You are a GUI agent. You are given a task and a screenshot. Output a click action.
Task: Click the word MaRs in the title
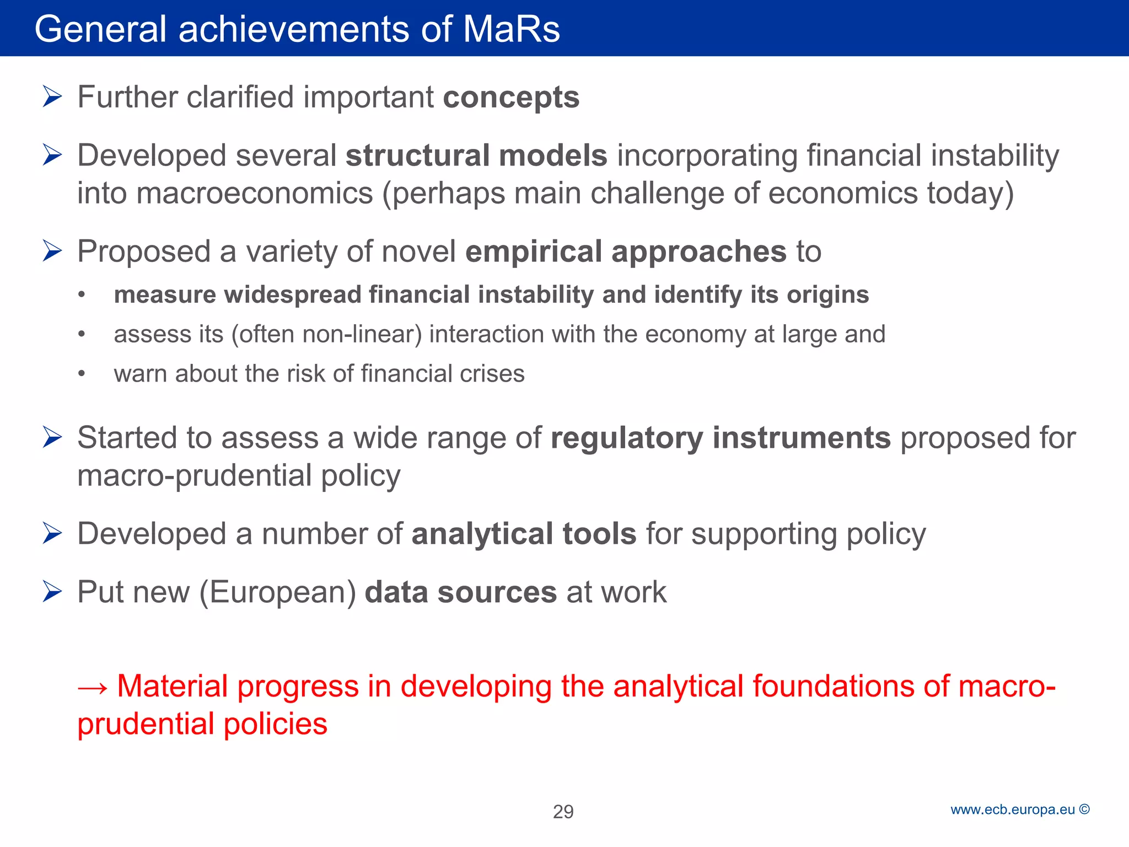click(511, 29)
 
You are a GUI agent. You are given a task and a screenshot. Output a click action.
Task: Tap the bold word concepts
click(511, 98)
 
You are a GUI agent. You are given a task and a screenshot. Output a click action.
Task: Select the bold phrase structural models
click(476, 156)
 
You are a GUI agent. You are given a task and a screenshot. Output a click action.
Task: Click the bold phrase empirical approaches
click(626, 251)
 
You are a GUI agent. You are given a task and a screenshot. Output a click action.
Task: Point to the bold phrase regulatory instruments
click(721, 438)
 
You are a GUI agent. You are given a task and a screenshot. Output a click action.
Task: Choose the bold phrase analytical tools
click(524, 534)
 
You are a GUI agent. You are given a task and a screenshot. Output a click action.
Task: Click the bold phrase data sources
click(461, 592)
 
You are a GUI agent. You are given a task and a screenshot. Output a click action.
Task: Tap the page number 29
click(563, 812)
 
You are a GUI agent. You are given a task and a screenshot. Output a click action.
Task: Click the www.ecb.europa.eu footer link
click(1013, 810)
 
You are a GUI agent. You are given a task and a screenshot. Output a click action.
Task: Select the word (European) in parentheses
click(278, 592)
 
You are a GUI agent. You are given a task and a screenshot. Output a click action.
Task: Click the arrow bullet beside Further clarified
click(52, 97)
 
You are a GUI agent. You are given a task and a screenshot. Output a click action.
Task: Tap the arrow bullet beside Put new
click(52, 592)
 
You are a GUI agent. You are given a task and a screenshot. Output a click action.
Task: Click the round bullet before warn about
click(82, 374)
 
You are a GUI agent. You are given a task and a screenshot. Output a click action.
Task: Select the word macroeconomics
click(255, 194)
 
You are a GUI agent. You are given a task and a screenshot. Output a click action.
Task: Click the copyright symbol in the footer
click(1084, 810)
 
